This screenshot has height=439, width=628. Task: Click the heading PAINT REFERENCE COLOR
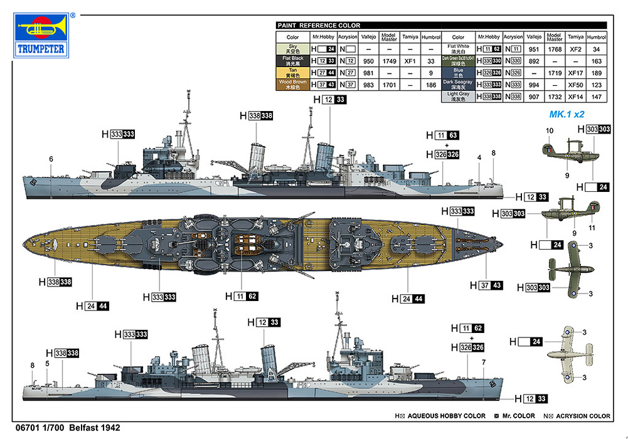319,26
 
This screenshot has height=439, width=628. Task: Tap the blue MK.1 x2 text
567,115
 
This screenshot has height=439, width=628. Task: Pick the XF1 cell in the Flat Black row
410,61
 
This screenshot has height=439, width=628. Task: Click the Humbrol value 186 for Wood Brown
430,85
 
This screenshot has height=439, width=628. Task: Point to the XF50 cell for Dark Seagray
575,85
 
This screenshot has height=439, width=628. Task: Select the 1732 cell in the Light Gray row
554,97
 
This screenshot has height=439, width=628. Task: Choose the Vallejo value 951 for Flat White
534,49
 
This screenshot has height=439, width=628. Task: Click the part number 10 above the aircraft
549,130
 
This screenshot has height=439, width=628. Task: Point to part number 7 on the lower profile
484,362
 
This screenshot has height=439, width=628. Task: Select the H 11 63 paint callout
442,135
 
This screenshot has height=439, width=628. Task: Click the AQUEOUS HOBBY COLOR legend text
446,416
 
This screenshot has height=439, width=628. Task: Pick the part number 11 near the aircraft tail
592,227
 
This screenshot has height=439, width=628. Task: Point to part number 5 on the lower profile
46,363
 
